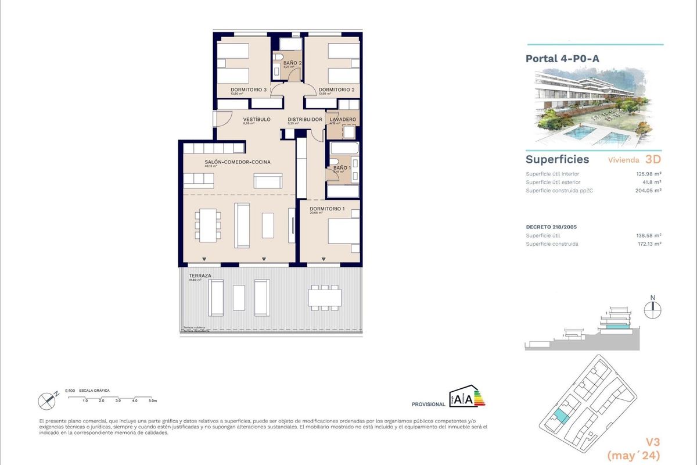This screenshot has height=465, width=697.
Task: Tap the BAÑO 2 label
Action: coord(292,63)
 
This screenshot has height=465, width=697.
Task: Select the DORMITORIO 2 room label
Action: coord(336,90)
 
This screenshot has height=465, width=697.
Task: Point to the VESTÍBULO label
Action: coord(256,119)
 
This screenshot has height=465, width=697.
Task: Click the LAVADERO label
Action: coord(343,119)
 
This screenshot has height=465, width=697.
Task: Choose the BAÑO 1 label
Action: coord(342,168)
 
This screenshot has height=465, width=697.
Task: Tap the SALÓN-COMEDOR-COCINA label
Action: coord(237,162)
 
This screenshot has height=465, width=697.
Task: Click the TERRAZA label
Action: coord(199,275)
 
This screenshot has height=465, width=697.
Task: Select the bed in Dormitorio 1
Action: coord(343,231)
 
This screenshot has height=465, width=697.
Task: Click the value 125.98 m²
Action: coord(649,174)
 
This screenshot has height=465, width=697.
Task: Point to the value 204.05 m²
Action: coord(649,190)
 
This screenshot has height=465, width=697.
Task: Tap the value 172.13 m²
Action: coord(649,244)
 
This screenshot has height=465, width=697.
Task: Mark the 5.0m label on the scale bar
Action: coord(153,401)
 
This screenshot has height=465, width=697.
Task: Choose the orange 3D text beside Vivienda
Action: coord(653,159)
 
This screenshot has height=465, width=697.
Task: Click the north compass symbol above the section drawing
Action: coord(653,310)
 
